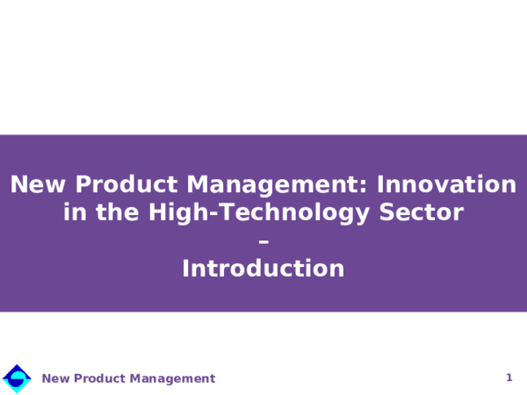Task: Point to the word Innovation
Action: pos(447,185)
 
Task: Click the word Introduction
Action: pos(263,269)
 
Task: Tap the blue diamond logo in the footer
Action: pos(17,378)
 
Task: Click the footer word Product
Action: pos(100,379)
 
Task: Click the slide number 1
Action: pos(509,377)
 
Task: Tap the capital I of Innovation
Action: pos(381,185)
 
